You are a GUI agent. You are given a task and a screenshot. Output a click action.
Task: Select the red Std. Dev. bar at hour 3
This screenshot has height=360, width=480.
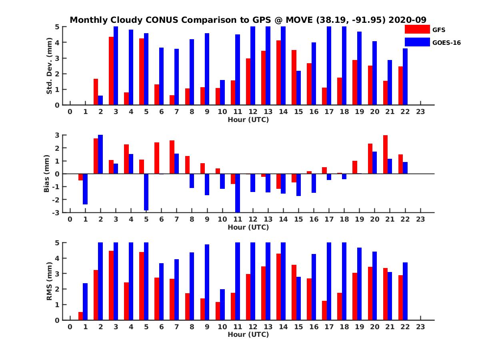coord(111,71)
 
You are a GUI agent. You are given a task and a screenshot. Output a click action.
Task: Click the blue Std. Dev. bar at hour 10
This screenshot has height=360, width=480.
coord(222,92)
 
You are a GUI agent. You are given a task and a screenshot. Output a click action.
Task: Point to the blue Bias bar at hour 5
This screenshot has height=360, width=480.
coord(146,192)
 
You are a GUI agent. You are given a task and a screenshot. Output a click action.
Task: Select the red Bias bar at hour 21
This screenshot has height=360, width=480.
coord(385,154)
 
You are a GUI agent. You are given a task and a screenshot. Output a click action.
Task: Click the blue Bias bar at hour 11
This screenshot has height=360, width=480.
coord(238,193)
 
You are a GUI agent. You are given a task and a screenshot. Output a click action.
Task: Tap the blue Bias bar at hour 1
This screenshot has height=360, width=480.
coord(85,189)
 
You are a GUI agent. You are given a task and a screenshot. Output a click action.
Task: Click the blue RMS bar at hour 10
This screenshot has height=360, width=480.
coord(222,304)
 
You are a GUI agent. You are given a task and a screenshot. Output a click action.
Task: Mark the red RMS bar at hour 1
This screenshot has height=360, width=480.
coord(80,316)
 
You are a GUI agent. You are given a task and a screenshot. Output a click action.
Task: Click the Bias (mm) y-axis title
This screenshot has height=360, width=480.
coord(47,174)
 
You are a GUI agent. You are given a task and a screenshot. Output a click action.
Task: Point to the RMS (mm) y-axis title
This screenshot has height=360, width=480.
coord(50,282)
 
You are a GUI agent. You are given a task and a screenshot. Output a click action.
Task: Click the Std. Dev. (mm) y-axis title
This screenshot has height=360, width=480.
coord(50,66)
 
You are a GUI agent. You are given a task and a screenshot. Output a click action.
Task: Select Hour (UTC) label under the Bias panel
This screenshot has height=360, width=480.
coord(248,227)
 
